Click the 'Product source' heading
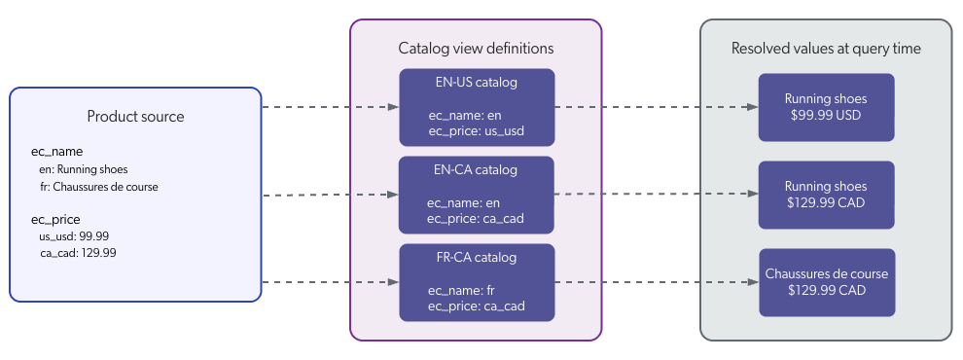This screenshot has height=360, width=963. pyautogui.click(x=135, y=117)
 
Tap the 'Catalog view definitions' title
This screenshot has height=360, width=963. pyautogui.click(x=476, y=48)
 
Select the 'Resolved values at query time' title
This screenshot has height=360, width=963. pyautogui.click(x=826, y=48)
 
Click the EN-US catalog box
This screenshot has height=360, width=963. pyautogui.click(x=477, y=106)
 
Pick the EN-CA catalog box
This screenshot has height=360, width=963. pyautogui.click(x=477, y=195)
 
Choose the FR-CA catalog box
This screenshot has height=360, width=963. pyautogui.click(x=477, y=282)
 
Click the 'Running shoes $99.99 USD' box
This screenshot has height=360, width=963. pyautogui.click(x=826, y=106)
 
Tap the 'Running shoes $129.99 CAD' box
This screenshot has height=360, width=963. pyautogui.click(x=826, y=195)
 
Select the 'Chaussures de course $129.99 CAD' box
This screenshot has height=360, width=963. pyautogui.click(x=826, y=282)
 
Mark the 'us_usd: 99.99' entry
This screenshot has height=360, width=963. pyautogui.click(x=73, y=236)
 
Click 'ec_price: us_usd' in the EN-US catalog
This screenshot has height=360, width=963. pyautogui.click(x=477, y=130)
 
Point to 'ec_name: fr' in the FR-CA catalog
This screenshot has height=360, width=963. pyautogui.click(x=462, y=290)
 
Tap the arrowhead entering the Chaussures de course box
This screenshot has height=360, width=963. pyautogui.click(x=753, y=283)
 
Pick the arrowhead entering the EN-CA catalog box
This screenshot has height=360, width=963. pyautogui.click(x=393, y=195)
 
